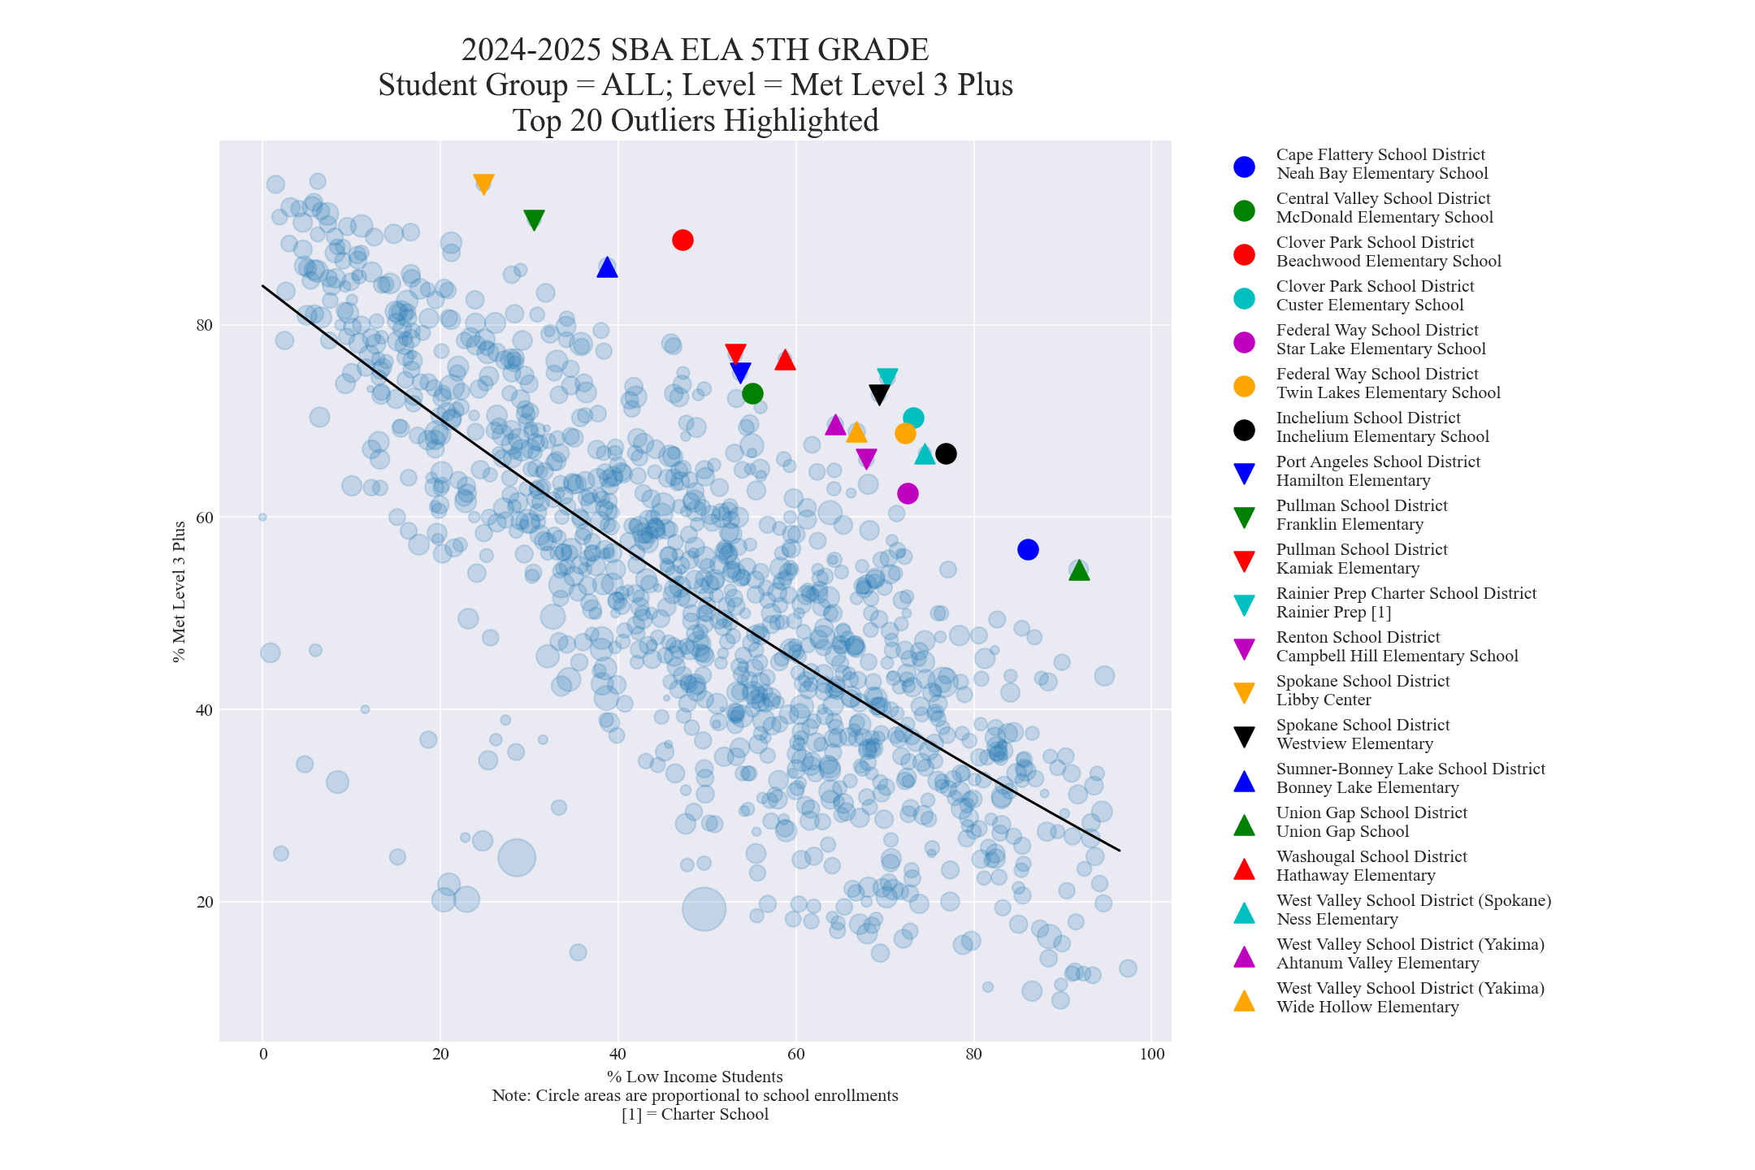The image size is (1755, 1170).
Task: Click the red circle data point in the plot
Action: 682,240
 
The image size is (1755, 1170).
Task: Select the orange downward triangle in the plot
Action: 483,184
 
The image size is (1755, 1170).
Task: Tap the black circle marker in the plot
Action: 946,453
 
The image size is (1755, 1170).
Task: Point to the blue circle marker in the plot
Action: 1028,549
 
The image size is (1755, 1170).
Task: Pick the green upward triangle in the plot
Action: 1079,570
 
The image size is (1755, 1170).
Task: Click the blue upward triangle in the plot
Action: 607,267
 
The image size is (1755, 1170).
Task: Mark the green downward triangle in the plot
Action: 534,219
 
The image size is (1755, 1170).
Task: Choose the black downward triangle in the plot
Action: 879,394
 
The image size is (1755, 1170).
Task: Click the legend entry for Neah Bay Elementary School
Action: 1381,173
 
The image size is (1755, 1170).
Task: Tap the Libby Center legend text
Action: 1324,700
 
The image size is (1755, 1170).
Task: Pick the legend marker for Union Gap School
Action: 1244,825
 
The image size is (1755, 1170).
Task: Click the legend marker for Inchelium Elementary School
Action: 1244,430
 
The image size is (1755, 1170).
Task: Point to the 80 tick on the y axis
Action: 203,325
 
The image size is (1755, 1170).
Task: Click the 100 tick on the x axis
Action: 1152,1055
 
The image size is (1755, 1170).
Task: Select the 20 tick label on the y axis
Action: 203,902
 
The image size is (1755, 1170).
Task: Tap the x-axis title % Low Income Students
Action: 695,1077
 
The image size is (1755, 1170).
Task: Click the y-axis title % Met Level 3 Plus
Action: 180,591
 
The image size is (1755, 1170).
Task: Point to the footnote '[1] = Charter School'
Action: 695,1114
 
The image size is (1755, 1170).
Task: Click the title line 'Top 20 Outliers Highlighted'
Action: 695,120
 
